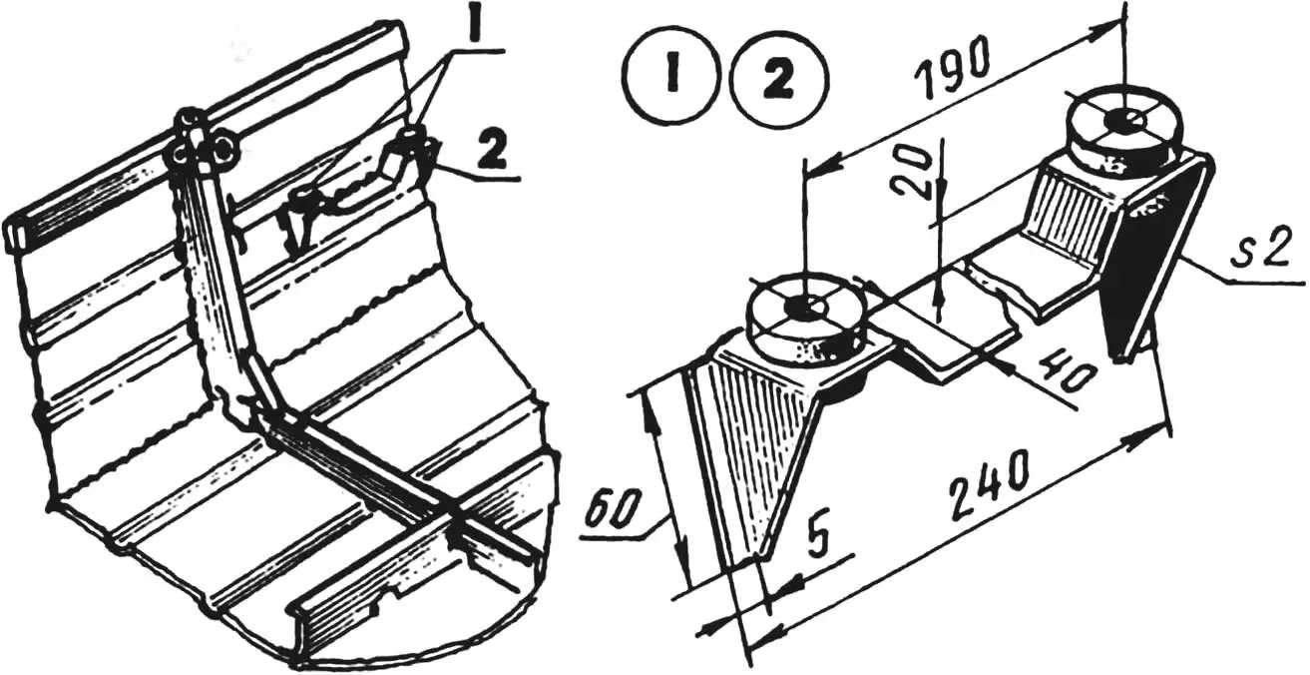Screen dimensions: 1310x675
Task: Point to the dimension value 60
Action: coord(610,511)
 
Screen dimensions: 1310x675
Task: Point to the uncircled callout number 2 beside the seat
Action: coord(490,152)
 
